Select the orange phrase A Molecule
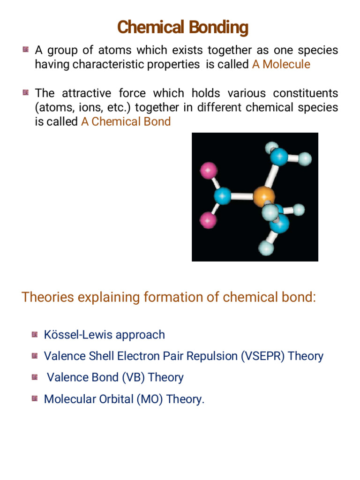(281, 64)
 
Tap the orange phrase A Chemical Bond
(126, 122)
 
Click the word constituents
(301, 93)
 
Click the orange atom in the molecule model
(263, 196)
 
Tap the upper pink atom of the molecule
(209, 170)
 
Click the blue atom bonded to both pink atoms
(223, 195)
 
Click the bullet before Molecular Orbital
(35, 398)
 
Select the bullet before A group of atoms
(25, 49)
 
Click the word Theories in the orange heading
(48, 297)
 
